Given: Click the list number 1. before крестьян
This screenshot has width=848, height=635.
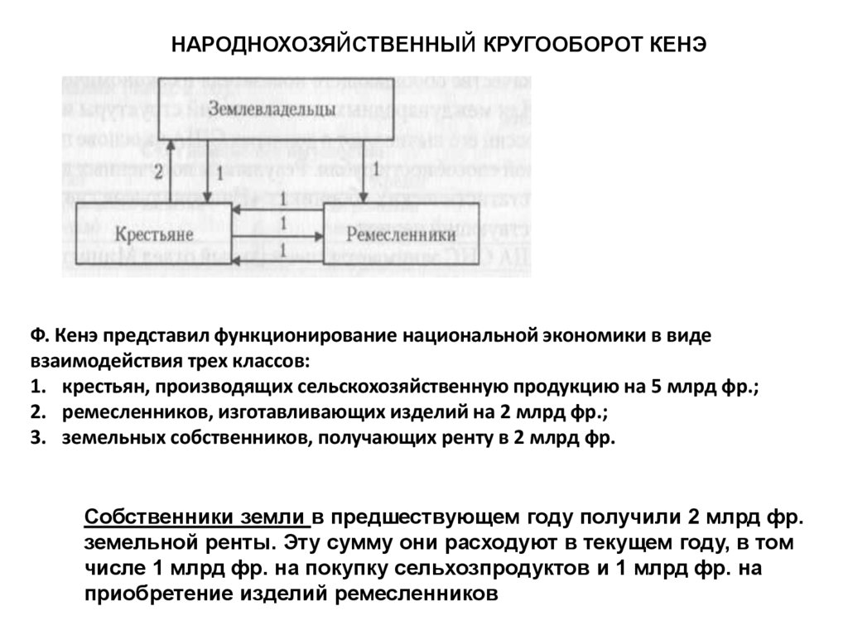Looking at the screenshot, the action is click(37, 387).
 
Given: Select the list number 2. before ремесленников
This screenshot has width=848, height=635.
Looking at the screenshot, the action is click(37, 412).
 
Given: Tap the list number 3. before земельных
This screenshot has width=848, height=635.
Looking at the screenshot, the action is click(37, 438).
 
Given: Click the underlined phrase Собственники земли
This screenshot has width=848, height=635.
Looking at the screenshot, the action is click(196, 517).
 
